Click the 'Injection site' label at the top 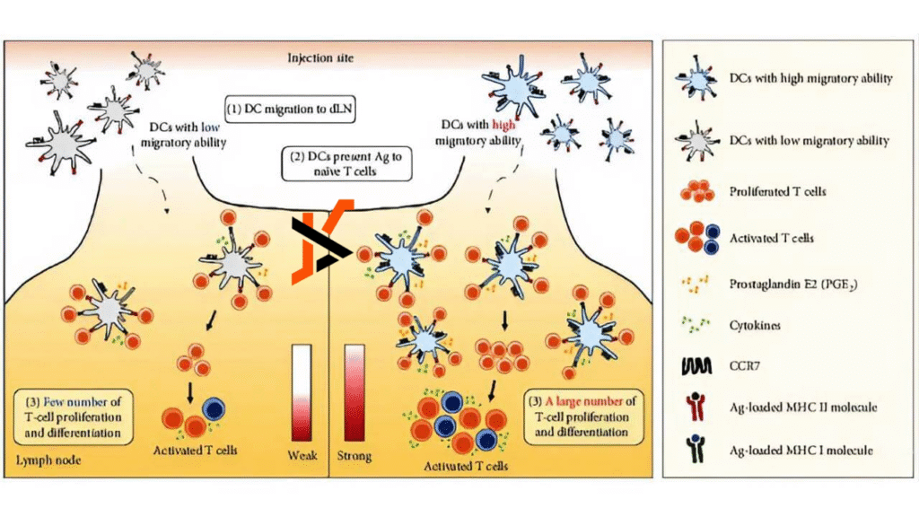click(320, 59)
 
